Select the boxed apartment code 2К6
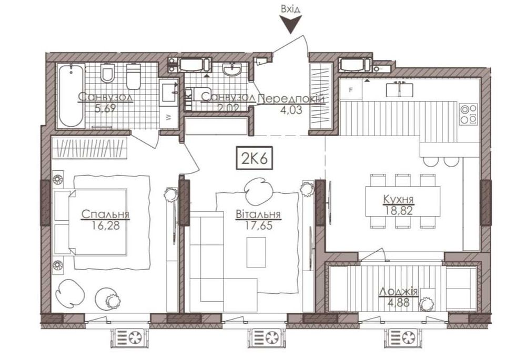click(x=254, y=158)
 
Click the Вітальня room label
click(x=258, y=214)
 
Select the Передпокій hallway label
click(x=293, y=98)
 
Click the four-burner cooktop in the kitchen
click(x=468, y=114)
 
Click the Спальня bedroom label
click(x=105, y=214)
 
